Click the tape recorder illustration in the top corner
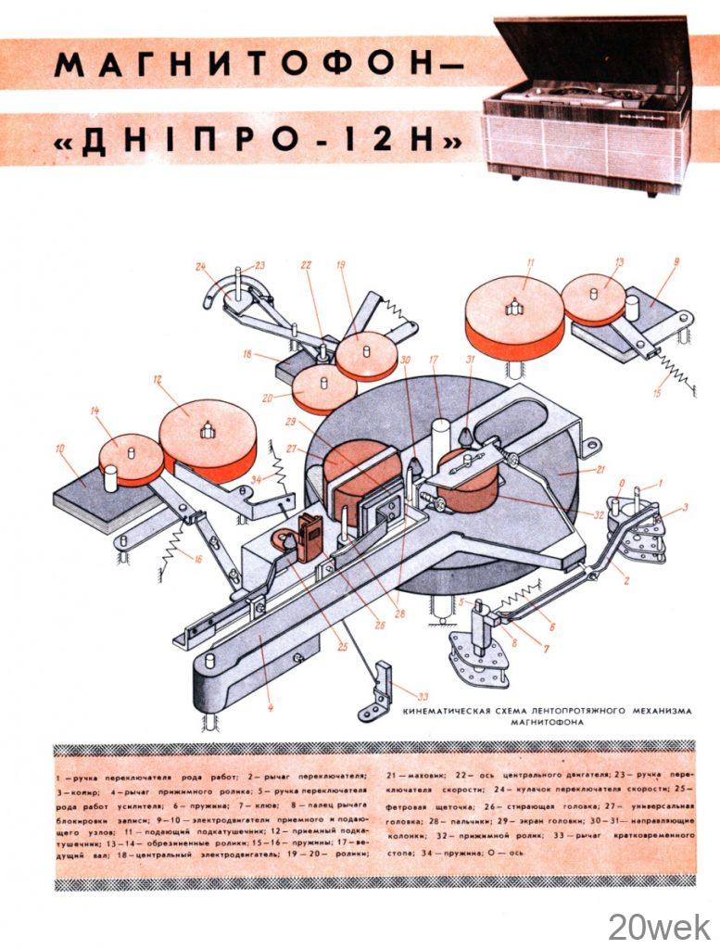(x=593, y=102)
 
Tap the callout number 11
(x=530, y=262)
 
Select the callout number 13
(x=618, y=262)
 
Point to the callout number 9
(x=676, y=262)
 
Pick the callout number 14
(x=95, y=410)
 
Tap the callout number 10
(x=60, y=449)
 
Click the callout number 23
(x=259, y=265)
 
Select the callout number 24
(x=201, y=266)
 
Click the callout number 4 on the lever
(x=270, y=710)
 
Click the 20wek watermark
(x=659, y=924)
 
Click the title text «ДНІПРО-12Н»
(x=259, y=141)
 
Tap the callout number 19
(x=341, y=265)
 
